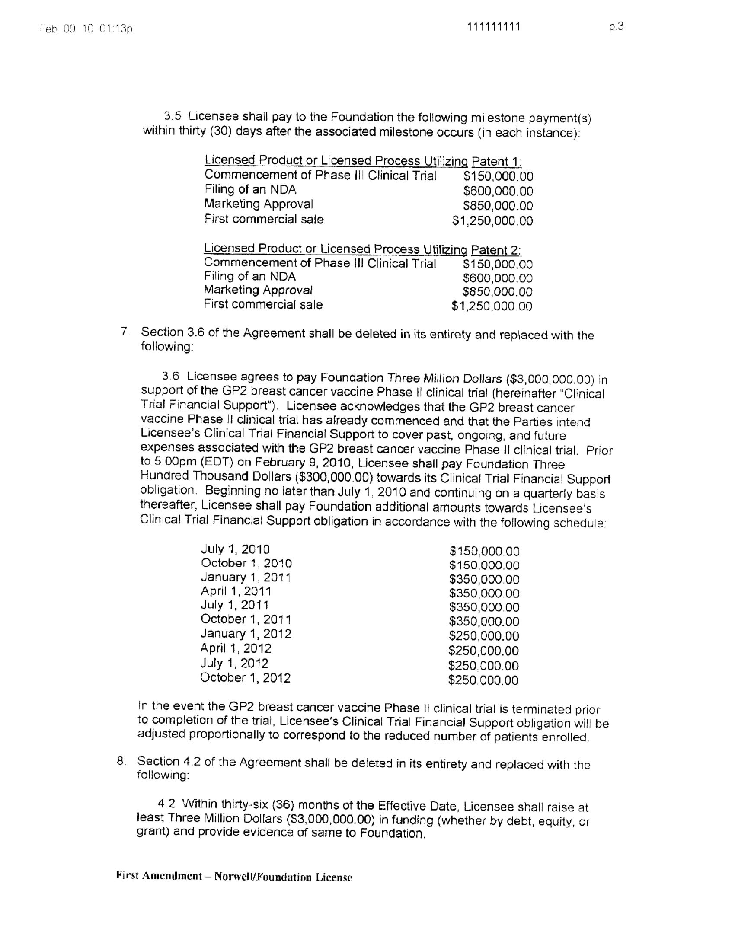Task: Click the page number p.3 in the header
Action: pos(616,27)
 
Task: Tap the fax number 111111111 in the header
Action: pos(494,27)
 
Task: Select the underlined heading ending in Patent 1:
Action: pos(363,161)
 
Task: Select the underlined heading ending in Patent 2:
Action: pos(362,249)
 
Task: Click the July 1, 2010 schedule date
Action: pos(235,549)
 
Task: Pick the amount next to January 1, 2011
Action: pos(484,580)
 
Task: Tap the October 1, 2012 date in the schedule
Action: pos(245,677)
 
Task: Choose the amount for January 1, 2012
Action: pos(484,636)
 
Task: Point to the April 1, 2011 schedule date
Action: pos(236,591)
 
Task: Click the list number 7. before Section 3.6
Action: pos(125,332)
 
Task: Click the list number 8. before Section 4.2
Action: pos(121,761)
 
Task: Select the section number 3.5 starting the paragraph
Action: pos(172,116)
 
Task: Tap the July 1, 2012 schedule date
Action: pos(234,663)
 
